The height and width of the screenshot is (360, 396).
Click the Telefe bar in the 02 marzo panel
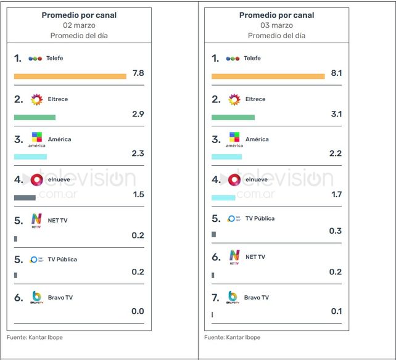point(70,76)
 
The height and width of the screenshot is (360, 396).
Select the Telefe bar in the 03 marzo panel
point(268,76)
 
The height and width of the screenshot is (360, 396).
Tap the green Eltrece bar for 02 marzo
point(35,117)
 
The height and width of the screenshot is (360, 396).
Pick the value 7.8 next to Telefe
point(138,73)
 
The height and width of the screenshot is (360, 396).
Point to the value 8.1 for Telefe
point(336,73)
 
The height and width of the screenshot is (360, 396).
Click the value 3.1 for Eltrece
point(336,114)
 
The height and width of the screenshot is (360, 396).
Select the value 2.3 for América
point(138,153)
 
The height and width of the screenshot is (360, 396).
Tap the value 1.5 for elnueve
point(138,194)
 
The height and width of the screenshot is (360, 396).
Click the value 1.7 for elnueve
point(336,194)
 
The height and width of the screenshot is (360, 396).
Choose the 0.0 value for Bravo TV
point(138,311)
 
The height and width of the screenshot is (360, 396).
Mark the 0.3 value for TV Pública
point(336,231)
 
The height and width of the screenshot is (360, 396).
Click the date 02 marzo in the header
point(79,25)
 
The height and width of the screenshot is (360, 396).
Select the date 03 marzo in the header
point(276,25)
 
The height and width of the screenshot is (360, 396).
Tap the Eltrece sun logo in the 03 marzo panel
point(234,99)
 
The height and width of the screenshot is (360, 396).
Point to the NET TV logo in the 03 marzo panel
point(234,257)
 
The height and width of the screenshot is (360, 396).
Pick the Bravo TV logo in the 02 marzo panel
point(36,298)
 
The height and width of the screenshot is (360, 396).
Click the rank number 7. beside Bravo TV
point(215,297)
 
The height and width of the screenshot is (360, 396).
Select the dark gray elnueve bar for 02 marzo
point(25,197)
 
